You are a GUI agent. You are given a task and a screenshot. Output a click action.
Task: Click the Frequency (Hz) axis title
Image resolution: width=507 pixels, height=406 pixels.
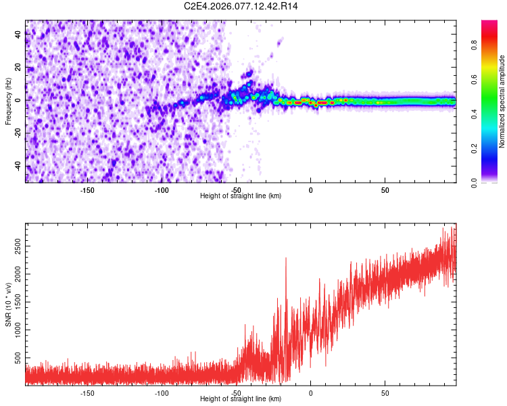pyautogui.click(x=9, y=101)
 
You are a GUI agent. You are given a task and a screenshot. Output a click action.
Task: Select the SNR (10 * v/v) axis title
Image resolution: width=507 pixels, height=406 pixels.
pyautogui.click(x=9, y=304)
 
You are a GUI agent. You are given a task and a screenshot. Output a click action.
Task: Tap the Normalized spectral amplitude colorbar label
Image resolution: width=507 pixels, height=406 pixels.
pyautogui.click(x=502, y=101)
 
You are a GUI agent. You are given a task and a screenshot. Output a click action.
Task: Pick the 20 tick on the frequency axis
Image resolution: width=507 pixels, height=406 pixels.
pyautogui.click(x=18, y=68)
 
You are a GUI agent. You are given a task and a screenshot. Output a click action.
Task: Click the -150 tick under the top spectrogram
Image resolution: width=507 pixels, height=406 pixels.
pyautogui.click(x=87, y=190)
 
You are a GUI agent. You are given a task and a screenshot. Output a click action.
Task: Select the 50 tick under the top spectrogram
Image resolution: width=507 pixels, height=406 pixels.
pyautogui.click(x=385, y=190)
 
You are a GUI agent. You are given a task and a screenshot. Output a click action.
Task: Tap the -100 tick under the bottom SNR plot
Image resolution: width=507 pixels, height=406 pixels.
pyautogui.click(x=162, y=393)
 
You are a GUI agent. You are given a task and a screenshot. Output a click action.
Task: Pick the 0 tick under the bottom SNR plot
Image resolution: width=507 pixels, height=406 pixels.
pyautogui.click(x=310, y=393)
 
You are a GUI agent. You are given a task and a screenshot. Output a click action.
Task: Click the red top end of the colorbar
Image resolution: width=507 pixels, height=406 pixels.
pyautogui.click(x=489, y=23)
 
